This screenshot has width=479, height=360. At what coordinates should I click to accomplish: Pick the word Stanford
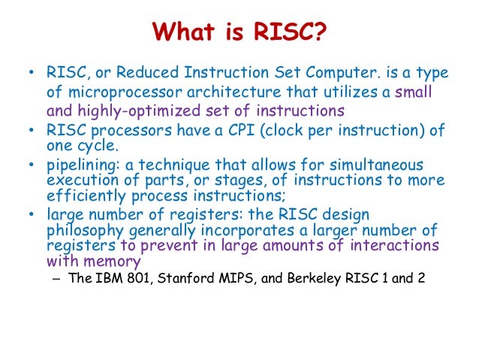click(x=186, y=278)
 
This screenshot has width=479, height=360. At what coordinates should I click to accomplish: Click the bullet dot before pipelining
click(x=32, y=164)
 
